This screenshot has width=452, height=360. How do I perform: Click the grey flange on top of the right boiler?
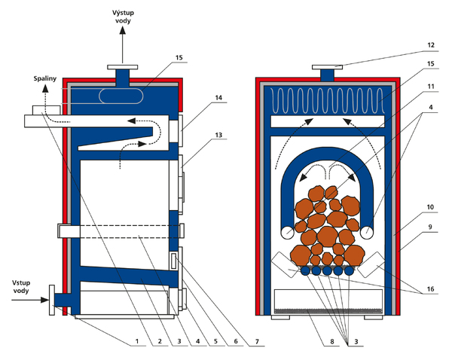click(x=328, y=66)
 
